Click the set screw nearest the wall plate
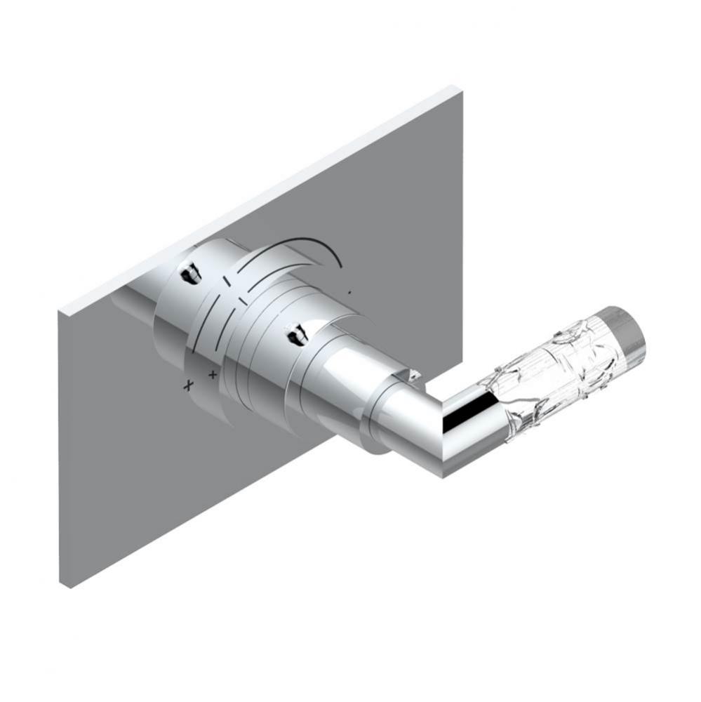pyautogui.click(x=189, y=273)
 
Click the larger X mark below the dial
pyautogui.click(x=187, y=385)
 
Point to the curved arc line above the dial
pyautogui.click(x=309, y=247)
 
